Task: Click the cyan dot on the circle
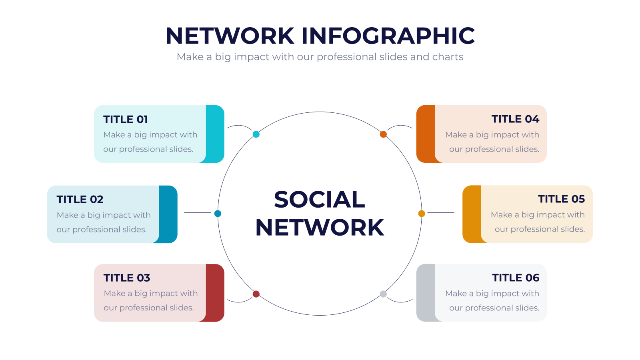256,134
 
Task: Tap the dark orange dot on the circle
383,134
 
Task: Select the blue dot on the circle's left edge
218,214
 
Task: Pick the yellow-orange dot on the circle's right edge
422,214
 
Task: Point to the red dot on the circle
256,294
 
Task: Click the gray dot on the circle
383,294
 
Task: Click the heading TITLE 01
126,119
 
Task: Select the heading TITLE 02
80,199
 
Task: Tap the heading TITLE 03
126,278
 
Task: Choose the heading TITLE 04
515,119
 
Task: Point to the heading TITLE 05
561,199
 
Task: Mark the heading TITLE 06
516,278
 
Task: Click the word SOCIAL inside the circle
320,199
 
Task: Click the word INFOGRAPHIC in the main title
388,36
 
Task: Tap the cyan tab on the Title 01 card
215,134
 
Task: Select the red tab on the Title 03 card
215,293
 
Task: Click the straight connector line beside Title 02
198,212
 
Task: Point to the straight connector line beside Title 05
440,212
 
